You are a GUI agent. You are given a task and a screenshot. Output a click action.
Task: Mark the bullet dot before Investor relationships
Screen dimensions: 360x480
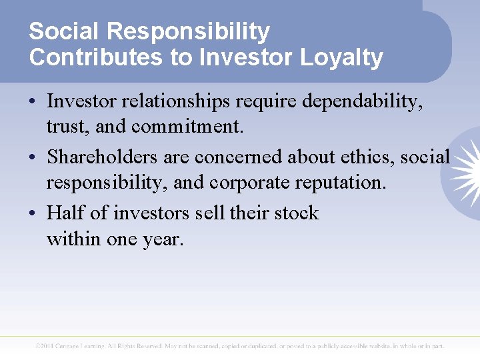33,102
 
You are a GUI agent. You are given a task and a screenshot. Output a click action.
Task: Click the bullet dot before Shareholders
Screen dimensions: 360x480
33,158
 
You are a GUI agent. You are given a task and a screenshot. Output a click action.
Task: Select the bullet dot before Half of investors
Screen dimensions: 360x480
33,214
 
